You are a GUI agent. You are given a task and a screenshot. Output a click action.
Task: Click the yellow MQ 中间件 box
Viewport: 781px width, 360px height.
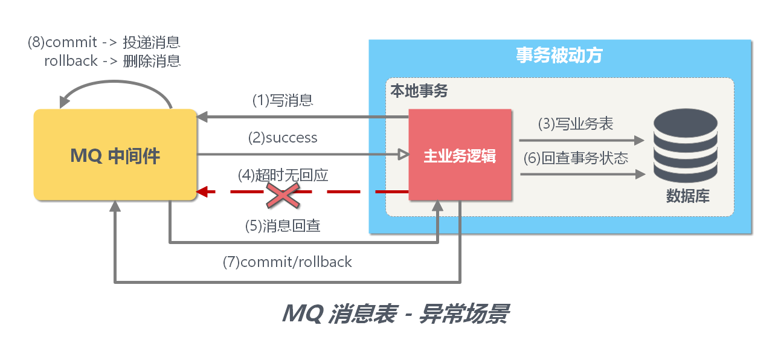(x=115, y=155)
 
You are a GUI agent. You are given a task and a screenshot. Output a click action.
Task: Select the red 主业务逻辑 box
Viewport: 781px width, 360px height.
(x=460, y=155)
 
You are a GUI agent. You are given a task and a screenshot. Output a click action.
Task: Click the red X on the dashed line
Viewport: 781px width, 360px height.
(x=284, y=193)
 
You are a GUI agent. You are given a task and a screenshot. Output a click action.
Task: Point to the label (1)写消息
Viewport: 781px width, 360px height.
(x=283, y=100)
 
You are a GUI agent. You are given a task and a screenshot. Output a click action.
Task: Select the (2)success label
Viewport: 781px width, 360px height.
(x=283, y=138)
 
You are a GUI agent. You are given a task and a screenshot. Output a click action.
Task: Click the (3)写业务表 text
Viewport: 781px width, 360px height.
(x=576, y=124)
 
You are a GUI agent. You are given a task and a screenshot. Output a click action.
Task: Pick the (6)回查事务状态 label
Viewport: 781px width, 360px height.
(x=576, y=158)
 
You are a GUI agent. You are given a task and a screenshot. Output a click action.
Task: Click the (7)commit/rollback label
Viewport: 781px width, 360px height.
(x=288, y=262)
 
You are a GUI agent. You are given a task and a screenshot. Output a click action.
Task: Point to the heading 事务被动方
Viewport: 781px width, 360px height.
(x=559, y=56)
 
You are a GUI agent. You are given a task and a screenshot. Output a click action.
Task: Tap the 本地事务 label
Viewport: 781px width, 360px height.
(x=419, y=91)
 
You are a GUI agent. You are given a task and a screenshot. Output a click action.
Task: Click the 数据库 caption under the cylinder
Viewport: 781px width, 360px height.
(x=687, y=196)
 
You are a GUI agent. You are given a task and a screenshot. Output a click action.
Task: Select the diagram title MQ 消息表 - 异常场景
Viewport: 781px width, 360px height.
(x=395, y=314)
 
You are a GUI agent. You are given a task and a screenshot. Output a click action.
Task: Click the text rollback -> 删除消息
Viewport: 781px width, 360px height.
(x=112, y=61)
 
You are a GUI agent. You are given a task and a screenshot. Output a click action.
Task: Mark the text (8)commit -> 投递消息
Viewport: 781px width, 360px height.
(x=104, y=43)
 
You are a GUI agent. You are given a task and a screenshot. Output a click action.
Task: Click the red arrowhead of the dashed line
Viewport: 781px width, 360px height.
(x=203, y=192)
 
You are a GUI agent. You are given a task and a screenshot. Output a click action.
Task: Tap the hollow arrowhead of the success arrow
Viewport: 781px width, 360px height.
(x=402, y=155)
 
